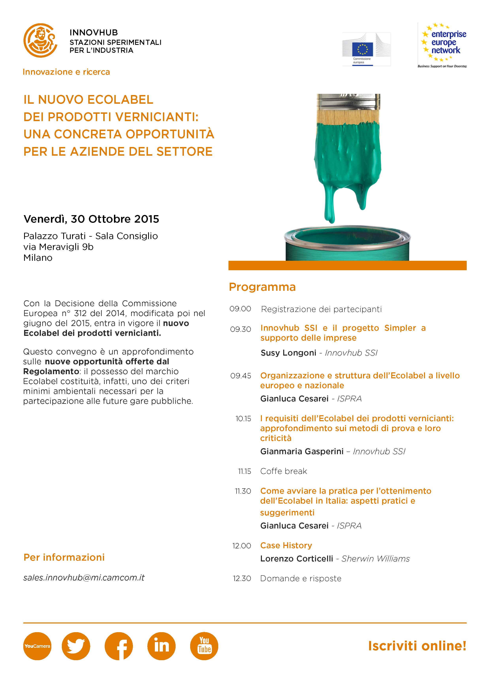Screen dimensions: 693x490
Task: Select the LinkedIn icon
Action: pos(161,646)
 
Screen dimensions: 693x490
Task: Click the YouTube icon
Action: pos(204,646)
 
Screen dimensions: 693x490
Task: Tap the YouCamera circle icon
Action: pos(37,646)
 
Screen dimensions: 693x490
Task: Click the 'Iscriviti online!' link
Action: pos(417,646)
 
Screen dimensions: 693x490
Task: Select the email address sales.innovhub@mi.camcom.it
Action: pos(84,577)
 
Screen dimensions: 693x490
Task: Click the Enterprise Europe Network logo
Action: pos(442,45)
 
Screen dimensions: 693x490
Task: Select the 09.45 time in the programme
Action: pos(241,376)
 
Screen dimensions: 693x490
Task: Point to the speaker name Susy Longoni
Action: pos(288,353)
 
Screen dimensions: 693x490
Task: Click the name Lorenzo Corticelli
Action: pos(297,559)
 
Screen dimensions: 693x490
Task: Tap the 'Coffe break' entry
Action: pos(283,471)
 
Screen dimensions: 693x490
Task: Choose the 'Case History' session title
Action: pos(286,545)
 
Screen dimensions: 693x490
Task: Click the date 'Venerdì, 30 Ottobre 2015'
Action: pos(91,219)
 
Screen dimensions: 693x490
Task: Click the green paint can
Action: pos(347,246)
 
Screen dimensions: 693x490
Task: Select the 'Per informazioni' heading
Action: pos(64,557)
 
